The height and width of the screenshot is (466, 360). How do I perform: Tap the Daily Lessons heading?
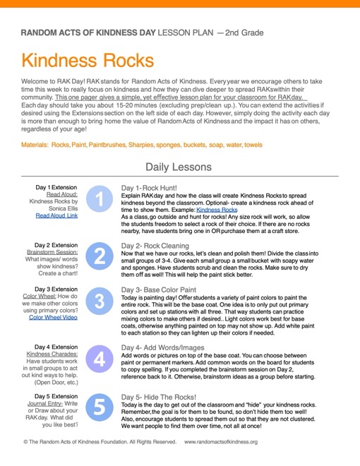(x=178, y=167)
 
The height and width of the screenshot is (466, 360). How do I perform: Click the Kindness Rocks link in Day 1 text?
(x=217, y=210)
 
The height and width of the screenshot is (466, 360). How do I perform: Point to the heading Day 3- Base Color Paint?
(x=158, y=289)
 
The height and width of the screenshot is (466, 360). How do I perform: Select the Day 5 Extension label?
(x=59, y=397)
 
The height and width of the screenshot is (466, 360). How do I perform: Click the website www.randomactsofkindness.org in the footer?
(x=220, y=441)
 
